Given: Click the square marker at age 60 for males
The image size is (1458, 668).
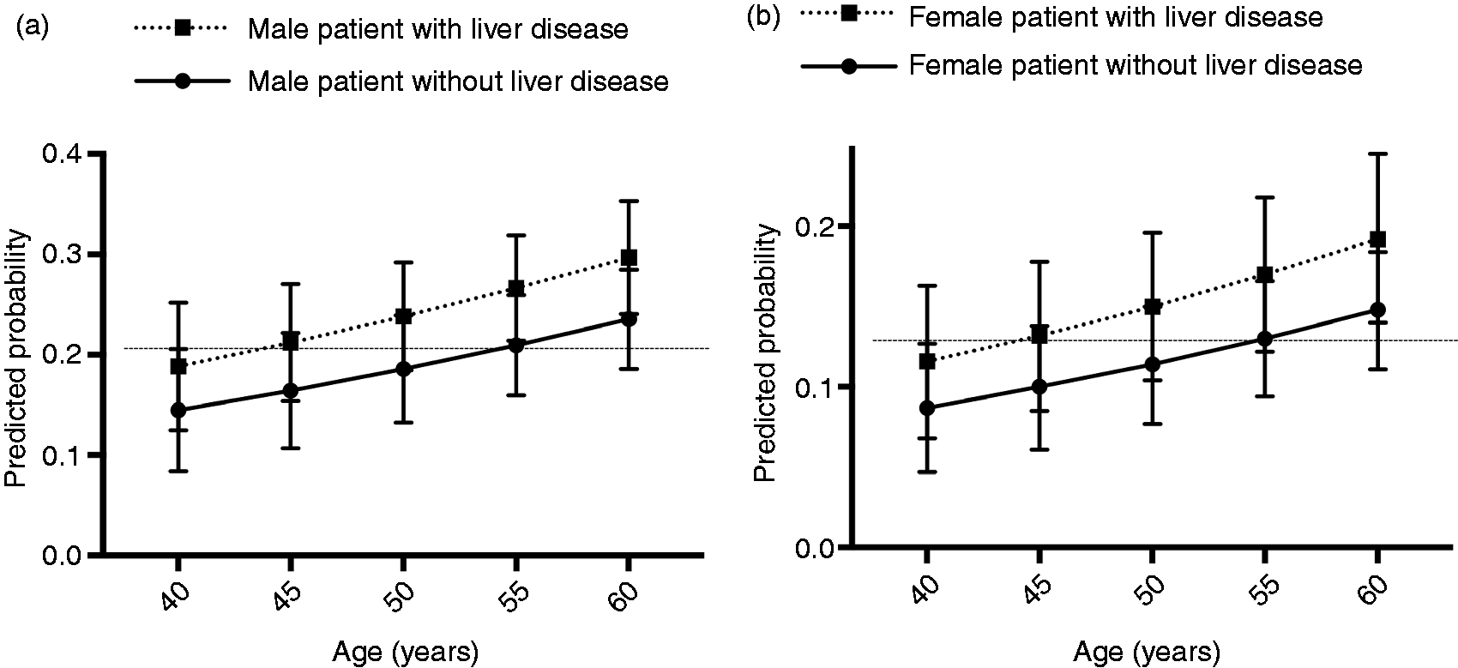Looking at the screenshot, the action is point(629,258).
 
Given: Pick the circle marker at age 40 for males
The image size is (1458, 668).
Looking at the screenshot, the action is point(178,410).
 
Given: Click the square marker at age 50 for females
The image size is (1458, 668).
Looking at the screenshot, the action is point(1153,307).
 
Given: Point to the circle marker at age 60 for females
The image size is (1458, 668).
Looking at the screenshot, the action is point(1378,310).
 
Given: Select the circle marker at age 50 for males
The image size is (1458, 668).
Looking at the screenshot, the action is point(404,369).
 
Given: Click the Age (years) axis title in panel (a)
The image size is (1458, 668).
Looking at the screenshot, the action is point(407,651).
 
